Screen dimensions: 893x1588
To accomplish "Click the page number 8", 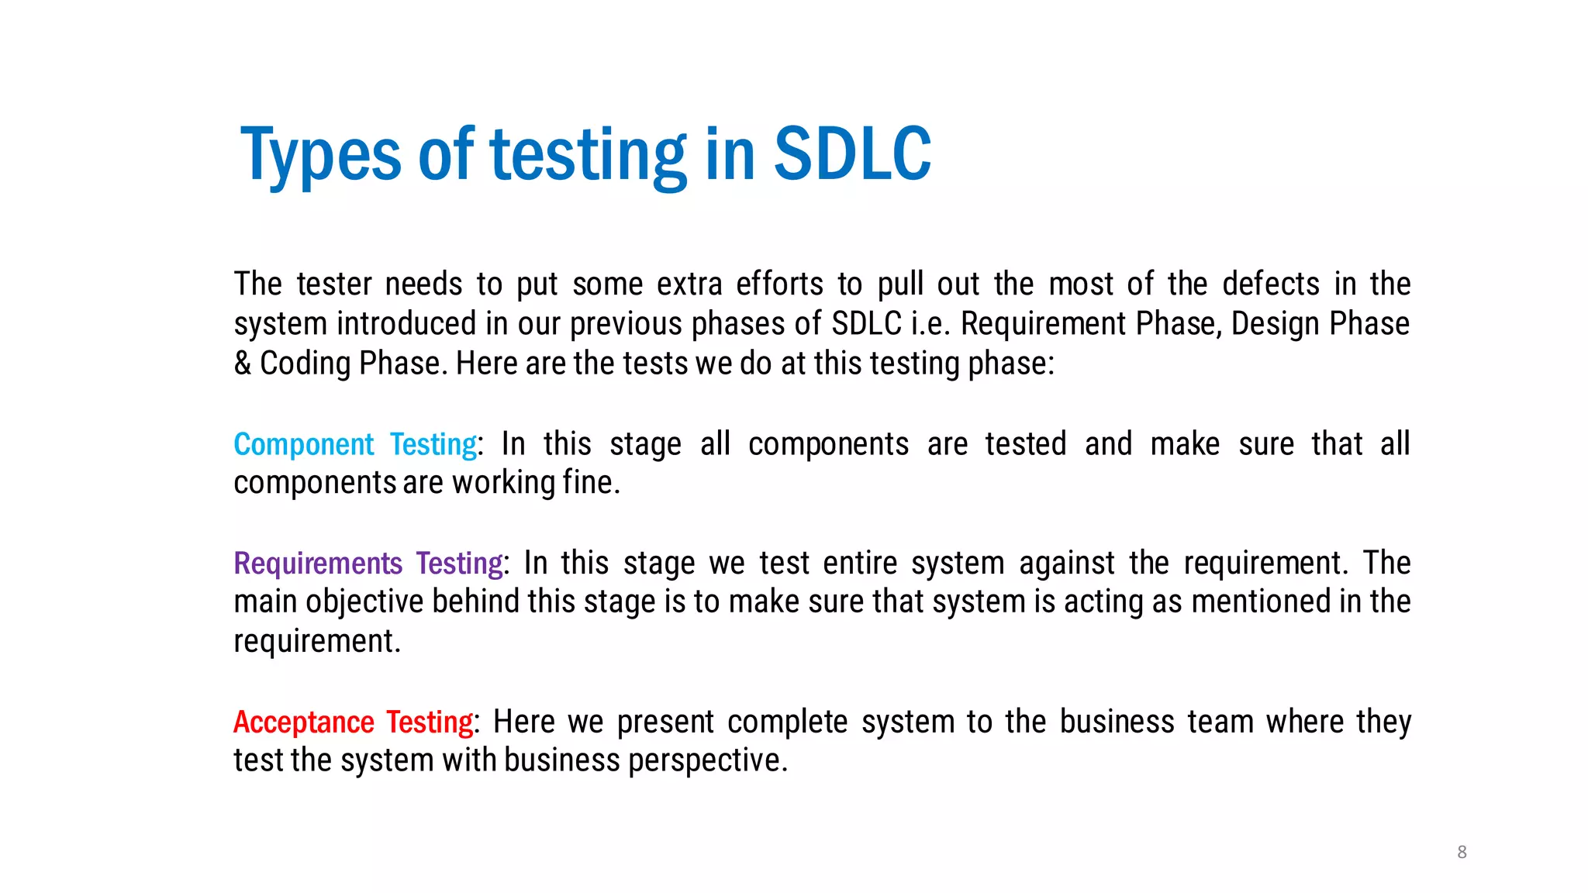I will (1462, 852).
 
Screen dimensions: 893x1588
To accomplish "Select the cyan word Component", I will (303, 444).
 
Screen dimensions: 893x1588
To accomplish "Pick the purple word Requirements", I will (318, 564).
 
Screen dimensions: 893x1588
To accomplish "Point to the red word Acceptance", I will (304, 722).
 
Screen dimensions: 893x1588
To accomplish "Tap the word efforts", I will (779, 284).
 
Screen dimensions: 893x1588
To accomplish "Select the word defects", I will (1271, 284).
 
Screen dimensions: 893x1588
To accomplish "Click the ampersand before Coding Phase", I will (243, 363).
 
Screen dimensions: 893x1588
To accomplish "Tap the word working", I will (503, 483).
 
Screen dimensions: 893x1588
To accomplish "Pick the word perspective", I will (707, 761).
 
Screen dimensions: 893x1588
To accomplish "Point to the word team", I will (1220, 722).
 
